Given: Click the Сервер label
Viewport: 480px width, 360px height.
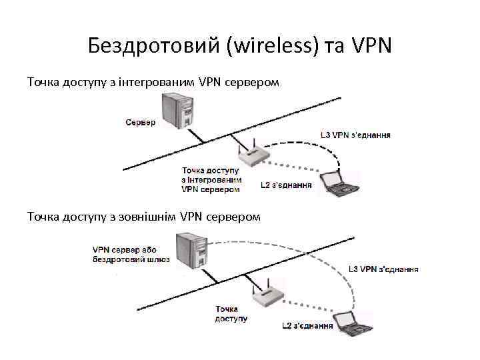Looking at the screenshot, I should coord(140,122).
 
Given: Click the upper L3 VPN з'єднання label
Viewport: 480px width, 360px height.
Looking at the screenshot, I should coord(355,135).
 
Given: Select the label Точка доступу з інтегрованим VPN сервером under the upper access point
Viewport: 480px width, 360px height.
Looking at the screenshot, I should coord(211,180).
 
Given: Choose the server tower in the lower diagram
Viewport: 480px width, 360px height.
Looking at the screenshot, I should coord(190,250).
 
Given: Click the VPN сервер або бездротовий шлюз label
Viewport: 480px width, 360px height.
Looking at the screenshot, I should coord(131,255).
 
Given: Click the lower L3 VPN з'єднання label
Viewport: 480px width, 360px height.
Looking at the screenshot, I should coord(383,269).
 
